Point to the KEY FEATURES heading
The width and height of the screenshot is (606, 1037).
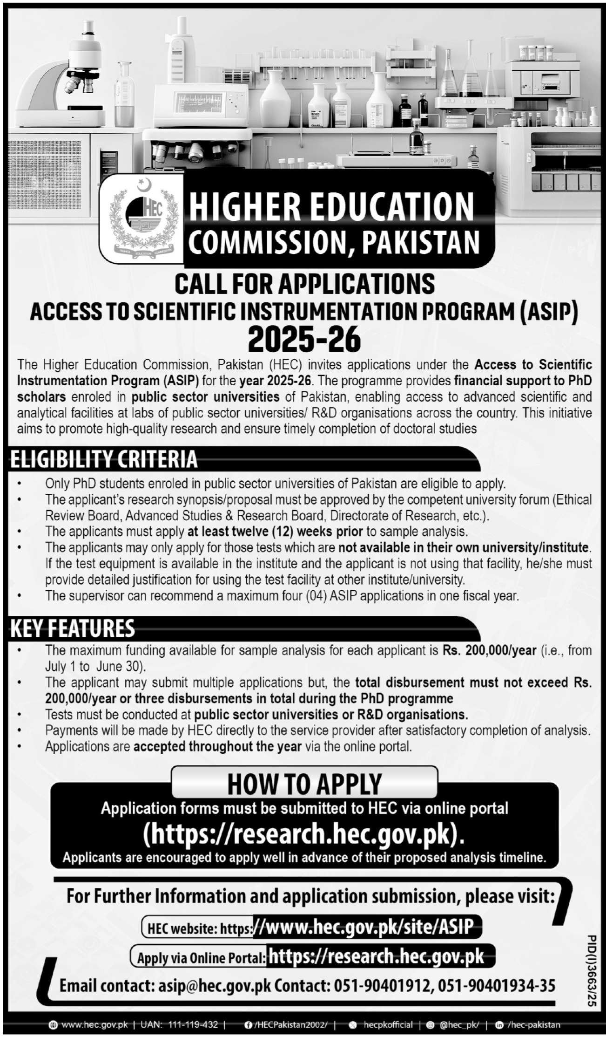click(73, 628)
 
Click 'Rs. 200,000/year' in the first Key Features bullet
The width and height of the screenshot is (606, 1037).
click(490, 650)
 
